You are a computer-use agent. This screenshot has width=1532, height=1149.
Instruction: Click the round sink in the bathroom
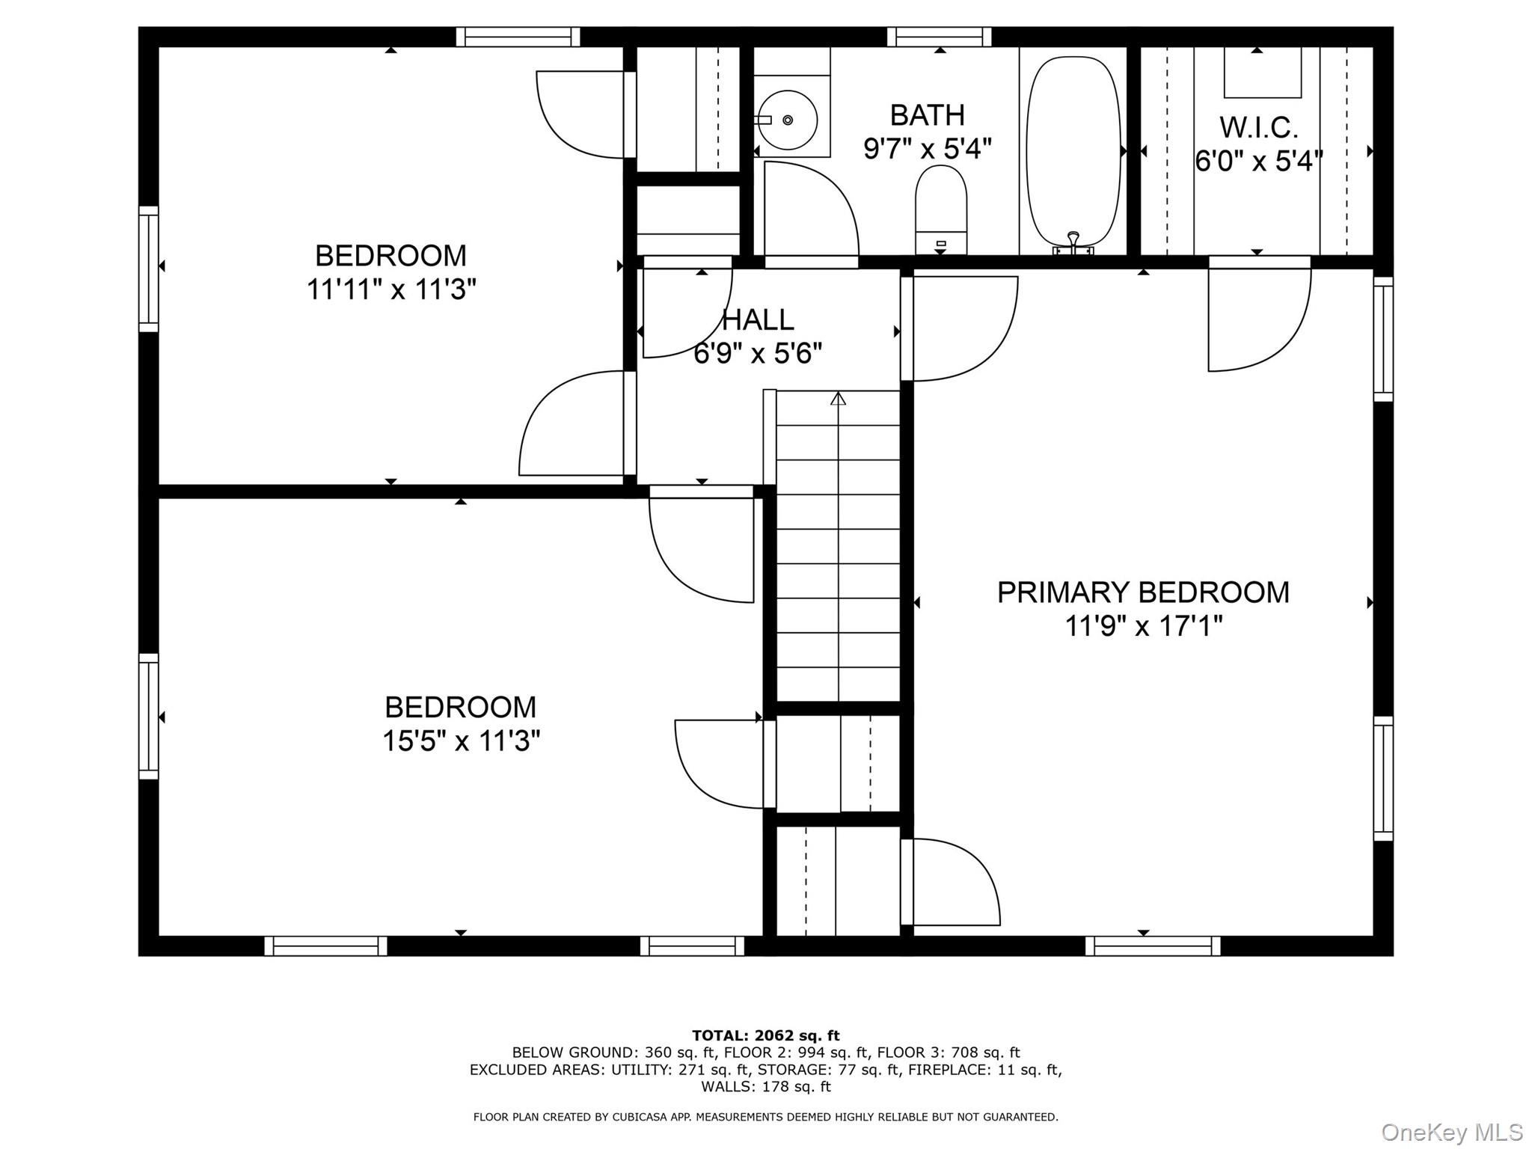coord(788,120)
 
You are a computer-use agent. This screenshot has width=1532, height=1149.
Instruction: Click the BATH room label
coord(928,115)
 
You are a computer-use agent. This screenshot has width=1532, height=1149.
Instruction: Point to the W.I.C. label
coord(1258,128)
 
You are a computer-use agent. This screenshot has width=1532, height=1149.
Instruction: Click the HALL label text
coord(758,320)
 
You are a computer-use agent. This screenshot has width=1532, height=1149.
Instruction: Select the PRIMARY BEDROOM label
coord(1143,592)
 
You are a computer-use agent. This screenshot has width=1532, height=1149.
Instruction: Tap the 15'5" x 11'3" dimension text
coord(461,741)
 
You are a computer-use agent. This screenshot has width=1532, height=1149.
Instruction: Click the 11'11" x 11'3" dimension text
coord(391,289)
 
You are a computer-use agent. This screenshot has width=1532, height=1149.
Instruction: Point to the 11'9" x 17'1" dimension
coord(1143,626)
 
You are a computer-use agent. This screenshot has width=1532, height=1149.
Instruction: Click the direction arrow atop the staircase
coord(838,399)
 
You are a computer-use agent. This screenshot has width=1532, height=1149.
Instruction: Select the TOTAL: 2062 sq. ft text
coord(766,1036)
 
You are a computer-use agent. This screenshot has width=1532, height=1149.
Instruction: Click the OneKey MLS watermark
coord(1452,1133)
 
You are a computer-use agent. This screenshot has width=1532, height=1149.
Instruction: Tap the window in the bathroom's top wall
coord(940,37)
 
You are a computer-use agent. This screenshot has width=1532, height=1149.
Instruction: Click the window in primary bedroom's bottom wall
coord(1153,946)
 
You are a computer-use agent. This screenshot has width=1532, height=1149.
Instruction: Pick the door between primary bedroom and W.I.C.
coord(1260,262)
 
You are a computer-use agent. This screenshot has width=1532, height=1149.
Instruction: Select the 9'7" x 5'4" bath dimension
coord(928,149)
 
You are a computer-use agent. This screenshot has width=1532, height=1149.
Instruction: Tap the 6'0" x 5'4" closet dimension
coord(1259,161)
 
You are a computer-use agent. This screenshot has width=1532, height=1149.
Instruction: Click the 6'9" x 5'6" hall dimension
coord(758,353)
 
